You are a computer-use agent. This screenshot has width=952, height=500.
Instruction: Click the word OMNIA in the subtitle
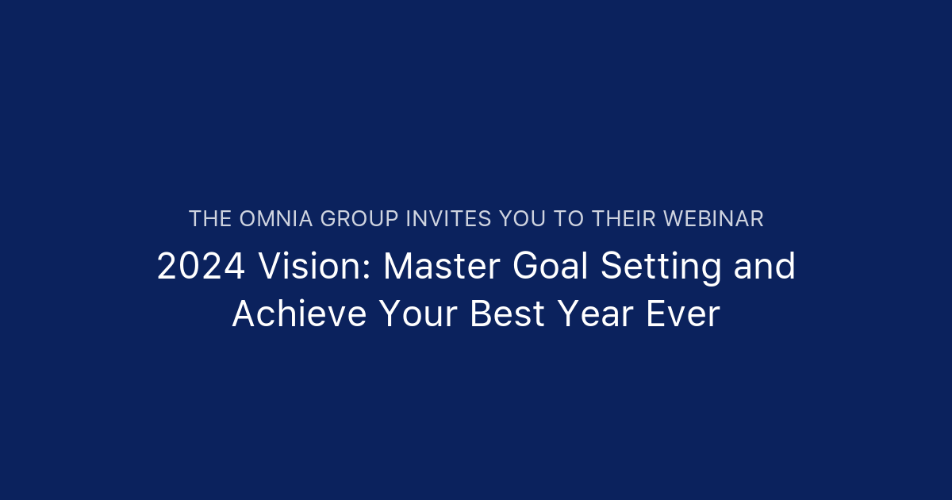tap(276, 219)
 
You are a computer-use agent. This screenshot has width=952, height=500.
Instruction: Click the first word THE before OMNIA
tap(210, 219)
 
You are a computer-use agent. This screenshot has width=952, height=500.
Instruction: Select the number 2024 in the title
tap(201, 267)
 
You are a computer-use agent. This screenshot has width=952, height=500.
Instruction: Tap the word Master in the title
tap(441, 267)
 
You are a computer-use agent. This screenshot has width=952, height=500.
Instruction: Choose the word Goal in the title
tap(549, 267)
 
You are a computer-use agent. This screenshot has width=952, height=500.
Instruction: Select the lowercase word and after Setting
tap(764, 267)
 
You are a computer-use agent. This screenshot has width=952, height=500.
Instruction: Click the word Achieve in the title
tap(299, 315)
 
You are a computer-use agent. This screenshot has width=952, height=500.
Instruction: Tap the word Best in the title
tap(507, 315)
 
